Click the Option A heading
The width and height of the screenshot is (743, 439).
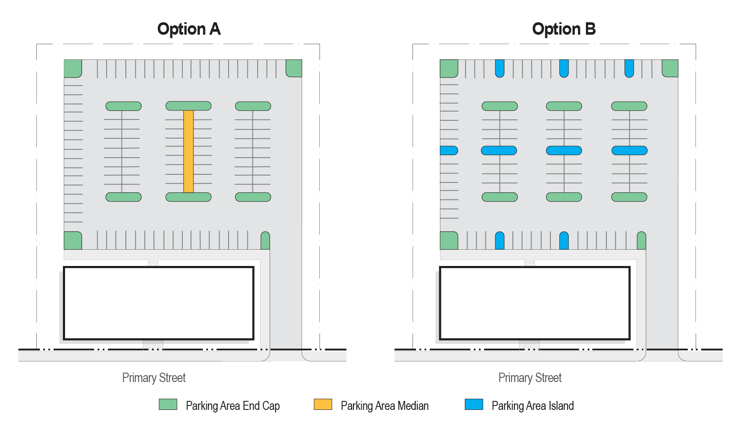tap(189, 29)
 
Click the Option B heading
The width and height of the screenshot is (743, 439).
tap(564, 29)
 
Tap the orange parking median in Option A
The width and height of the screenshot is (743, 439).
tap(188, 151)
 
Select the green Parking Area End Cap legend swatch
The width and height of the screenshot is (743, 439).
tap(168, 404)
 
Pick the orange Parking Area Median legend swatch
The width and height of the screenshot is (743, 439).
tap(323, 404)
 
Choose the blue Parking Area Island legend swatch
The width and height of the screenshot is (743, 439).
tap(474, 404)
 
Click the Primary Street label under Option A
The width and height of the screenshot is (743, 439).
tap(154, 378)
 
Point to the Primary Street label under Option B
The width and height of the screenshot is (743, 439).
tap(530, 378)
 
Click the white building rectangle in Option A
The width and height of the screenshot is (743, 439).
tap(159, 303)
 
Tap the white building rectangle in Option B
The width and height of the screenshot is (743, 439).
tap(535, 303)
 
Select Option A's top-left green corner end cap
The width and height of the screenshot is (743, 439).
tap(73, 69)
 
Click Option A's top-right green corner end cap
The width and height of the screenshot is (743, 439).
tap(294, 68)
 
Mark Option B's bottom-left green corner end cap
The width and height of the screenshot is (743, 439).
tap(449, 240)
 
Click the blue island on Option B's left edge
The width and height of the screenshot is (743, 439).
tap(449, 150)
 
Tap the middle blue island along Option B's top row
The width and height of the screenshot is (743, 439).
tap(564, 69)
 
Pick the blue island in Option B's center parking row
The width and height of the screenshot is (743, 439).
tap(564, 150)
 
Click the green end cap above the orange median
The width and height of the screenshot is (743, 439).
tap(188, 106)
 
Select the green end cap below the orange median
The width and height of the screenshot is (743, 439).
tap(188, 197)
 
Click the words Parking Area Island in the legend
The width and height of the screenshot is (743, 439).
tap(533, 406)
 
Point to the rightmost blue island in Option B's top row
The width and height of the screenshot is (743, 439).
tap(629, 69)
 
